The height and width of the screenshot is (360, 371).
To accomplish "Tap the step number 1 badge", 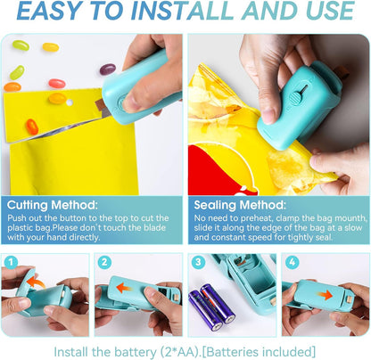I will (x=12, y=262).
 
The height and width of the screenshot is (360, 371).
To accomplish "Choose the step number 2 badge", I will (x=105, y=262).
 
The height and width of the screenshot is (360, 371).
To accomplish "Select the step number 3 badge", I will (x=198, y=262).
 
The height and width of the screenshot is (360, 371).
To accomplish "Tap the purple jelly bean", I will (x=107, y=70).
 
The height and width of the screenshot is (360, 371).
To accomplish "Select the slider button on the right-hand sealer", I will (x=301, y=91).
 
